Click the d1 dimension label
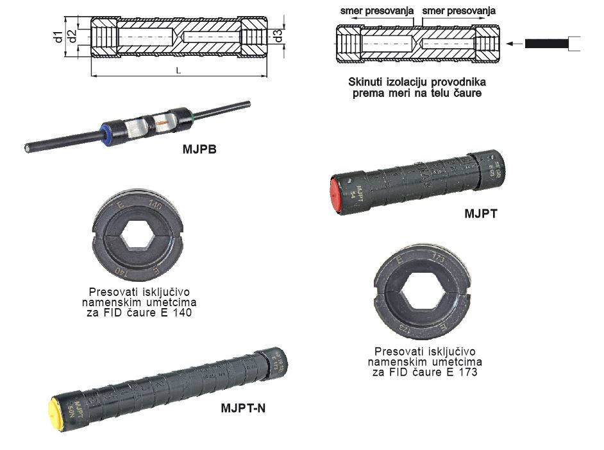click(x=57, y=37)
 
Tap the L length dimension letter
click(x=178, y=71)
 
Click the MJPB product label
click(x=199, y=150)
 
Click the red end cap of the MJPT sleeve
click(x=334, y=192)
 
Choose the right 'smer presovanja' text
click(x=458, y=11)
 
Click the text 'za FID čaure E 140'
click(x=139, y=313)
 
